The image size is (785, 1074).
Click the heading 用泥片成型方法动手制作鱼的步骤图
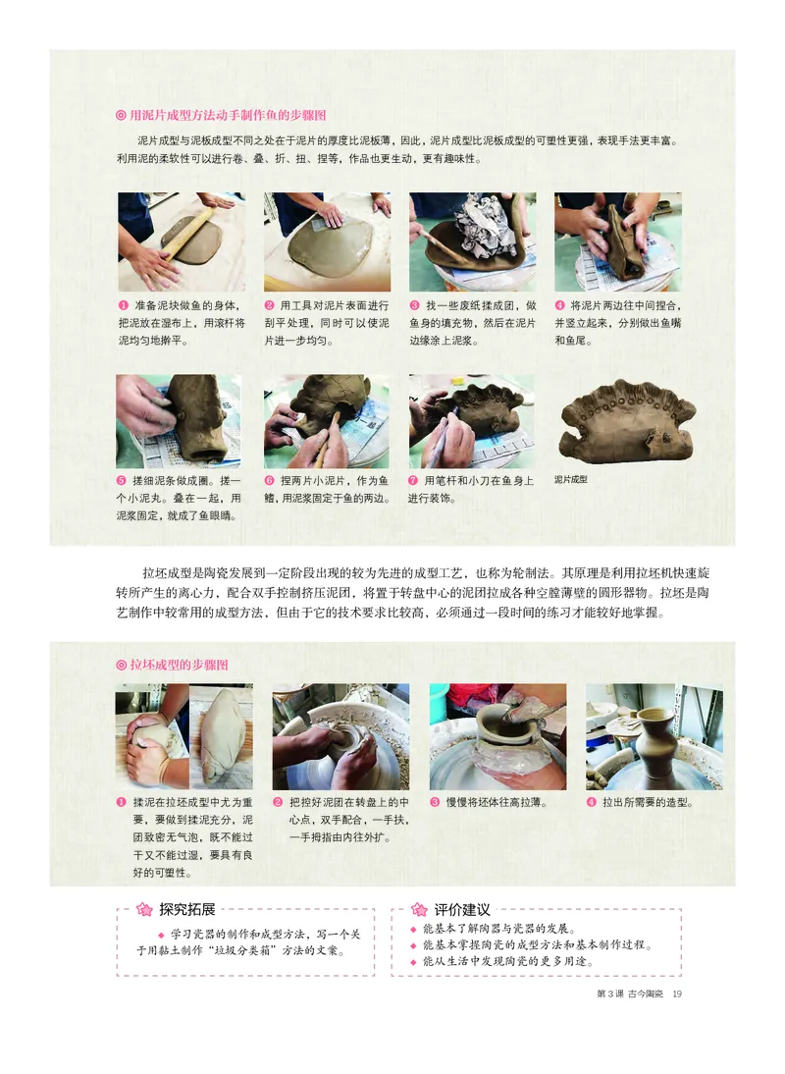(x=228, y=115)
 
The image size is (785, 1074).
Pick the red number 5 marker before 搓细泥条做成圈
(x=123, y=481)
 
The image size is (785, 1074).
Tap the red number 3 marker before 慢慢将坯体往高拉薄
(x=435, y=802)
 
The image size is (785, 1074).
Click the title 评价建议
(x=461, y=909)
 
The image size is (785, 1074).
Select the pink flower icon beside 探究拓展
(x=143, y=909)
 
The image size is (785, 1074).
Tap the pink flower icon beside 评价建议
(x=419, y=910)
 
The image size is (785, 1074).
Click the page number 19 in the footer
(x=676, y=993)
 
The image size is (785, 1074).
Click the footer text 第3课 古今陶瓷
(x=629, y=993)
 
